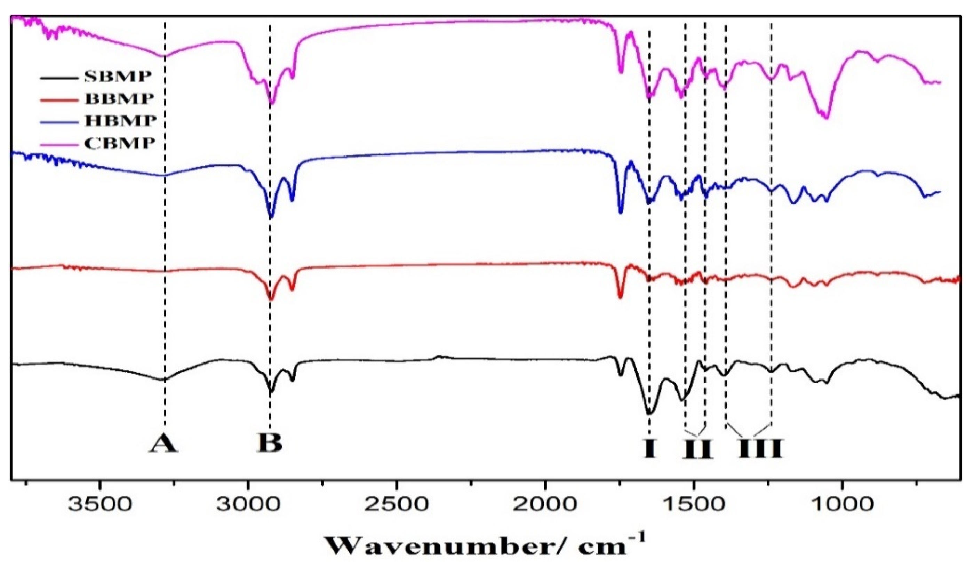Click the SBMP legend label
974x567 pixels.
coord(118,77)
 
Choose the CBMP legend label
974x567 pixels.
coord(120,143)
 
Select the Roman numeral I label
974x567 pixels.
coord(650,449)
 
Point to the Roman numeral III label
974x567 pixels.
coord(761,449)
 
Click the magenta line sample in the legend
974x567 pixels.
coord(58,143)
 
